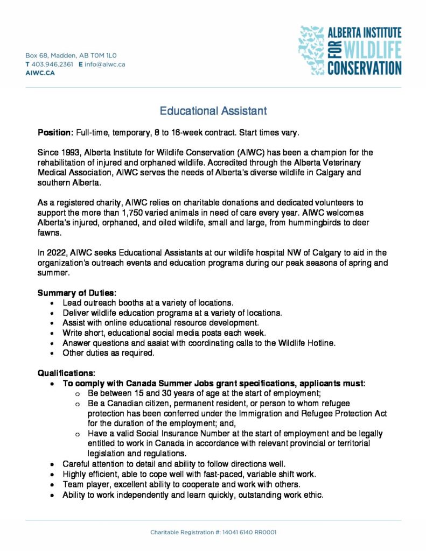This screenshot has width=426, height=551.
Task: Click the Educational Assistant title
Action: pyautogui.click(x=213, y=111)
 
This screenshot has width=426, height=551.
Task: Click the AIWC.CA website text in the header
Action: pyautogui.click(x=40, y=73)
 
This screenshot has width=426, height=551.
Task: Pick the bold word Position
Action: pyautogui.click(x=55, y=132)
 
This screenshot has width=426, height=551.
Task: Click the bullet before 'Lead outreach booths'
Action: pyautogui.click(x=52, y=303)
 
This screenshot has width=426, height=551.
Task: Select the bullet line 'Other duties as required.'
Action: pyautogui.click(x=108, y=353)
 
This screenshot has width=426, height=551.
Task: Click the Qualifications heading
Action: pyautogui.click(x=66, y=373)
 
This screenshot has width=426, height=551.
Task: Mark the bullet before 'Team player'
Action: pyautogui.click(x=52, y=484)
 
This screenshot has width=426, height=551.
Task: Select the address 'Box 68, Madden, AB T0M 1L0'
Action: pyautogui.click(x=71, y=55)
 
